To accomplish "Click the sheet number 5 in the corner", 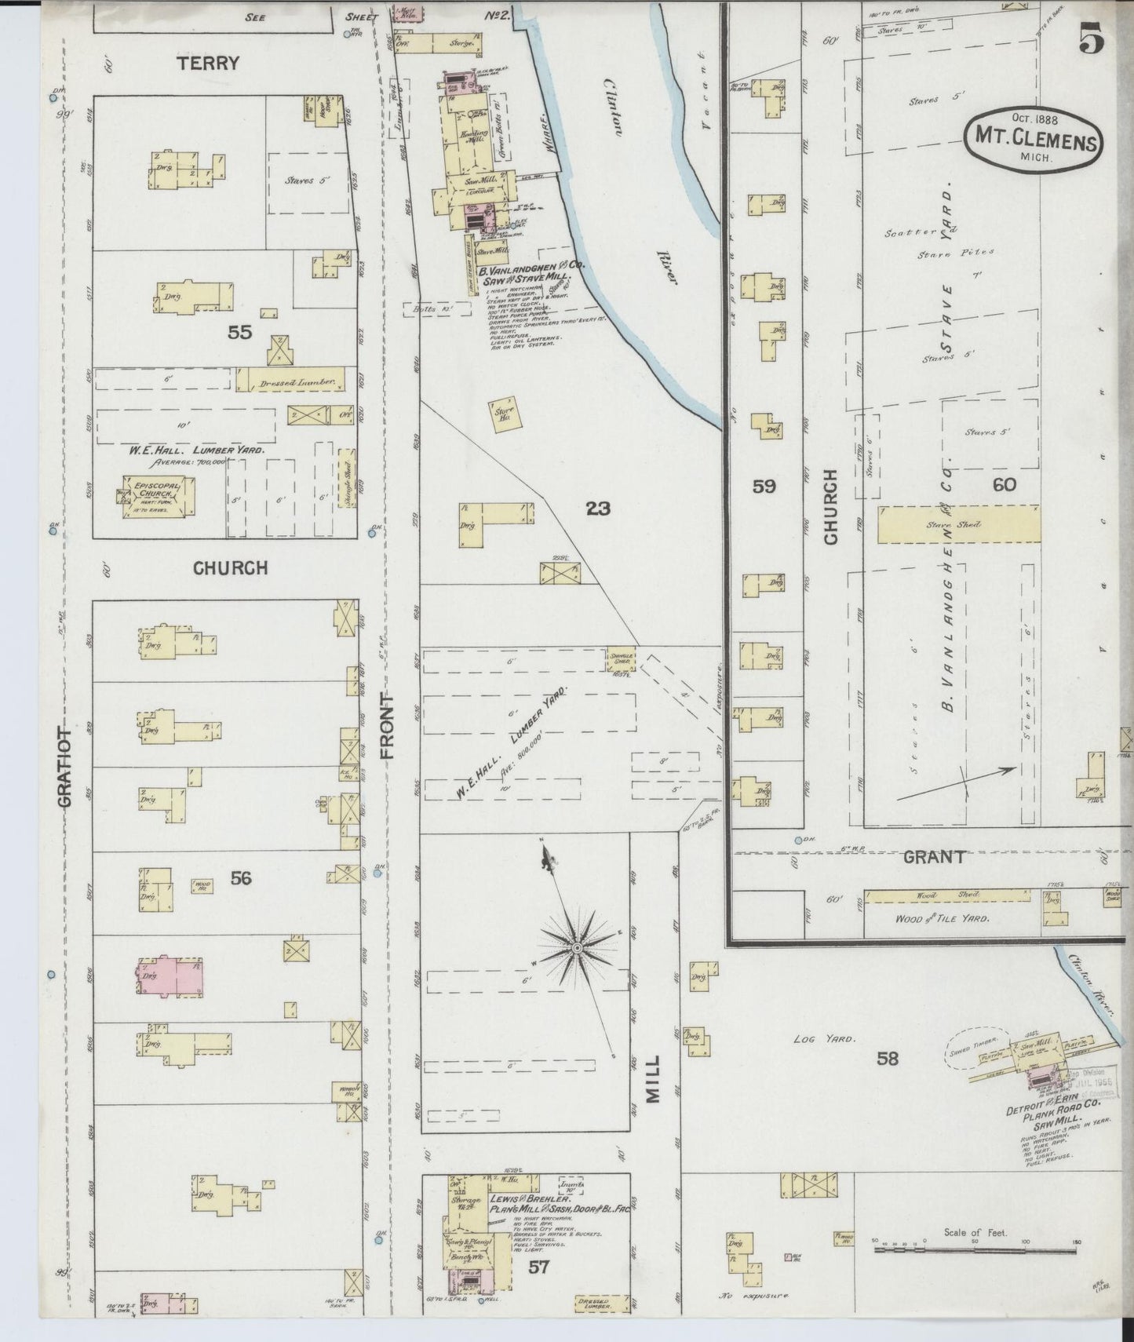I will [x=1091, y=38].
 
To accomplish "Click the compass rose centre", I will [x=577, y=948].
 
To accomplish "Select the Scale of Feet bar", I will [x=976, y=1264].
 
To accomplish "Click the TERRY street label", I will [x=207, y=64].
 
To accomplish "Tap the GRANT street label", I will [x=933, y=857].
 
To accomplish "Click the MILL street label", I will [x=654, y=1081].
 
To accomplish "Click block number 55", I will [x=239, y=333].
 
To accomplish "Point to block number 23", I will [x=598, y=509].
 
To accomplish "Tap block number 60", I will [x=1004, y=485].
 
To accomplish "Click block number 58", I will [x=888, y=1059].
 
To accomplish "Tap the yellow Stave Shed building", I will [x=958, y=524].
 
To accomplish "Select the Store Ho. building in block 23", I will [x=504, y=413].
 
